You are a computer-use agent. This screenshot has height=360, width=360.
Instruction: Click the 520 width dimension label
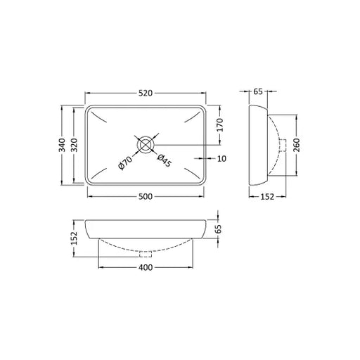(146, 94)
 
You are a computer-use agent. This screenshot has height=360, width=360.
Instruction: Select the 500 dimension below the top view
(146, 196)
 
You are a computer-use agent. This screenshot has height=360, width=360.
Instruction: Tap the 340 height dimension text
(62, 145)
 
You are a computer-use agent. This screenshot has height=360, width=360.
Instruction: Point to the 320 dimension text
(74, 145)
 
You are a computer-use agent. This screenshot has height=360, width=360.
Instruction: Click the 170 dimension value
(220, 125)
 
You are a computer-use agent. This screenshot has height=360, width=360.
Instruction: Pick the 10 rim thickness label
(221, 159)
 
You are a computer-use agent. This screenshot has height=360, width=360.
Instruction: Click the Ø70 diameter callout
(125, 162)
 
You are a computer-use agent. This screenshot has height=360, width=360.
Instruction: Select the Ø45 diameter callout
(165, 160)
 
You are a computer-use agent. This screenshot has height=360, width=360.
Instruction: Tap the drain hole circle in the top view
(146, 145)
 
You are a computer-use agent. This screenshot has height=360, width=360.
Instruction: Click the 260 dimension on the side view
(297, 145)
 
